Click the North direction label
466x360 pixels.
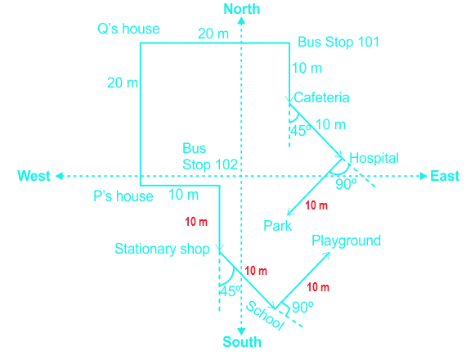[242, 9]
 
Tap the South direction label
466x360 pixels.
[242, 342]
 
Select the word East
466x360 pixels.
[445, 176]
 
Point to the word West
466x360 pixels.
[34, 176]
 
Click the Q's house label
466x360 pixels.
[128, 29]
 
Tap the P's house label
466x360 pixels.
[123, 196]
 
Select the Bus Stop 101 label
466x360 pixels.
[338, 42]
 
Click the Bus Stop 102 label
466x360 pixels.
[210, 156]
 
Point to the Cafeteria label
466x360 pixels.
[321, 97]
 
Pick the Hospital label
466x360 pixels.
[374, 158]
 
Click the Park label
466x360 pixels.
[278, 226]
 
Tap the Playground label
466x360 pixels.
[347, 241]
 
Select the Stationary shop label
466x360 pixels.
[162, 249]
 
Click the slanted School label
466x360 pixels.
[265, 315]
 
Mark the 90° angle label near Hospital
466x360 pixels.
[346, 184]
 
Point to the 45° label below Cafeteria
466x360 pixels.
[301, 131]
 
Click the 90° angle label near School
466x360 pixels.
[302, 307]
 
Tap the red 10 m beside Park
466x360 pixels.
[316, 205]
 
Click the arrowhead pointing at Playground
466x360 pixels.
[327, 255]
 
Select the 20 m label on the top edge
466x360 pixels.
[213, 34]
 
